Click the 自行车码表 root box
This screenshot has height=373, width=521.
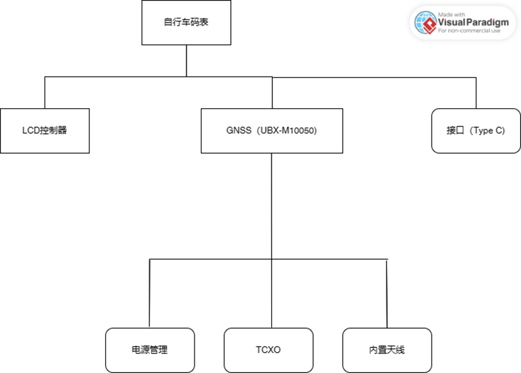pyautogui.click(x=186, y=23)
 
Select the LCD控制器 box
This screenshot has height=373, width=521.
pyautogui.click(x=45, y=130)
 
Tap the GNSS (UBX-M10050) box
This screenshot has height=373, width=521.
pyautogui.click(x=271, y=130)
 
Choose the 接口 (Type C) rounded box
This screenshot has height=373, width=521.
pyautogui.click(x=476, y=130)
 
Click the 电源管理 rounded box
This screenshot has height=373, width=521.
pyautogui.click(x=150, y=350)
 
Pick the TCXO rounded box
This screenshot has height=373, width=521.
pyautogui.click(x=268, y=350)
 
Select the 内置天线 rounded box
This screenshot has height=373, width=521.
pyautogui.click(x=387, y=350)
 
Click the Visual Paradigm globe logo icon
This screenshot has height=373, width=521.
pyautogui.click(x=425, y=22)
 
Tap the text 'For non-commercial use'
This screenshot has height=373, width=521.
pyautogui.click(x=469, y=31)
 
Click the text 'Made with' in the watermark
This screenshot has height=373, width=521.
pyautogui.click(x=451, y=14)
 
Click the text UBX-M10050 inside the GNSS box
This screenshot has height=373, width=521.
pyautogui.click(x=288, y=130)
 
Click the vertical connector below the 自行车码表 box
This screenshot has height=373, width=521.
pyautogui.click(x=187, y=61)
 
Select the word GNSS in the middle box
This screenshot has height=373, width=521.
pyautogui.click(x=238, y=130)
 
